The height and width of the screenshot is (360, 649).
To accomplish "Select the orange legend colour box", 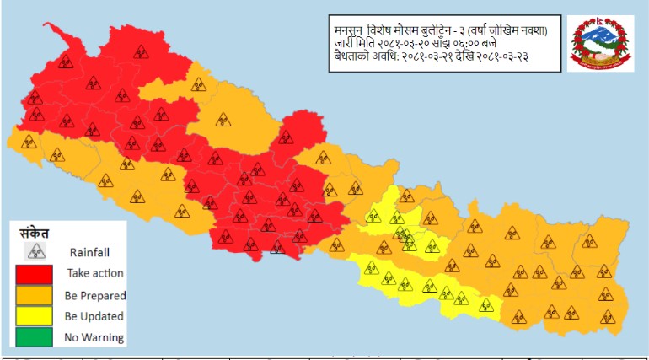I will point(34,296).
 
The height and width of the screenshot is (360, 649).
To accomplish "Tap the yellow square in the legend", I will point(34,317).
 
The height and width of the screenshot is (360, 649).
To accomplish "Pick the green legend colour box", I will point(34,337).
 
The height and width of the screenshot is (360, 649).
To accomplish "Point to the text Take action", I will point(95,273).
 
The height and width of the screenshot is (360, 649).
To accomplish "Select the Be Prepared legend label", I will point(95,295).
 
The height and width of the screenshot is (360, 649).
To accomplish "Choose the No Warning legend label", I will point(94,337).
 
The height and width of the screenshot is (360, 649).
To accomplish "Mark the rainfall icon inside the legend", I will point(35,251).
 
